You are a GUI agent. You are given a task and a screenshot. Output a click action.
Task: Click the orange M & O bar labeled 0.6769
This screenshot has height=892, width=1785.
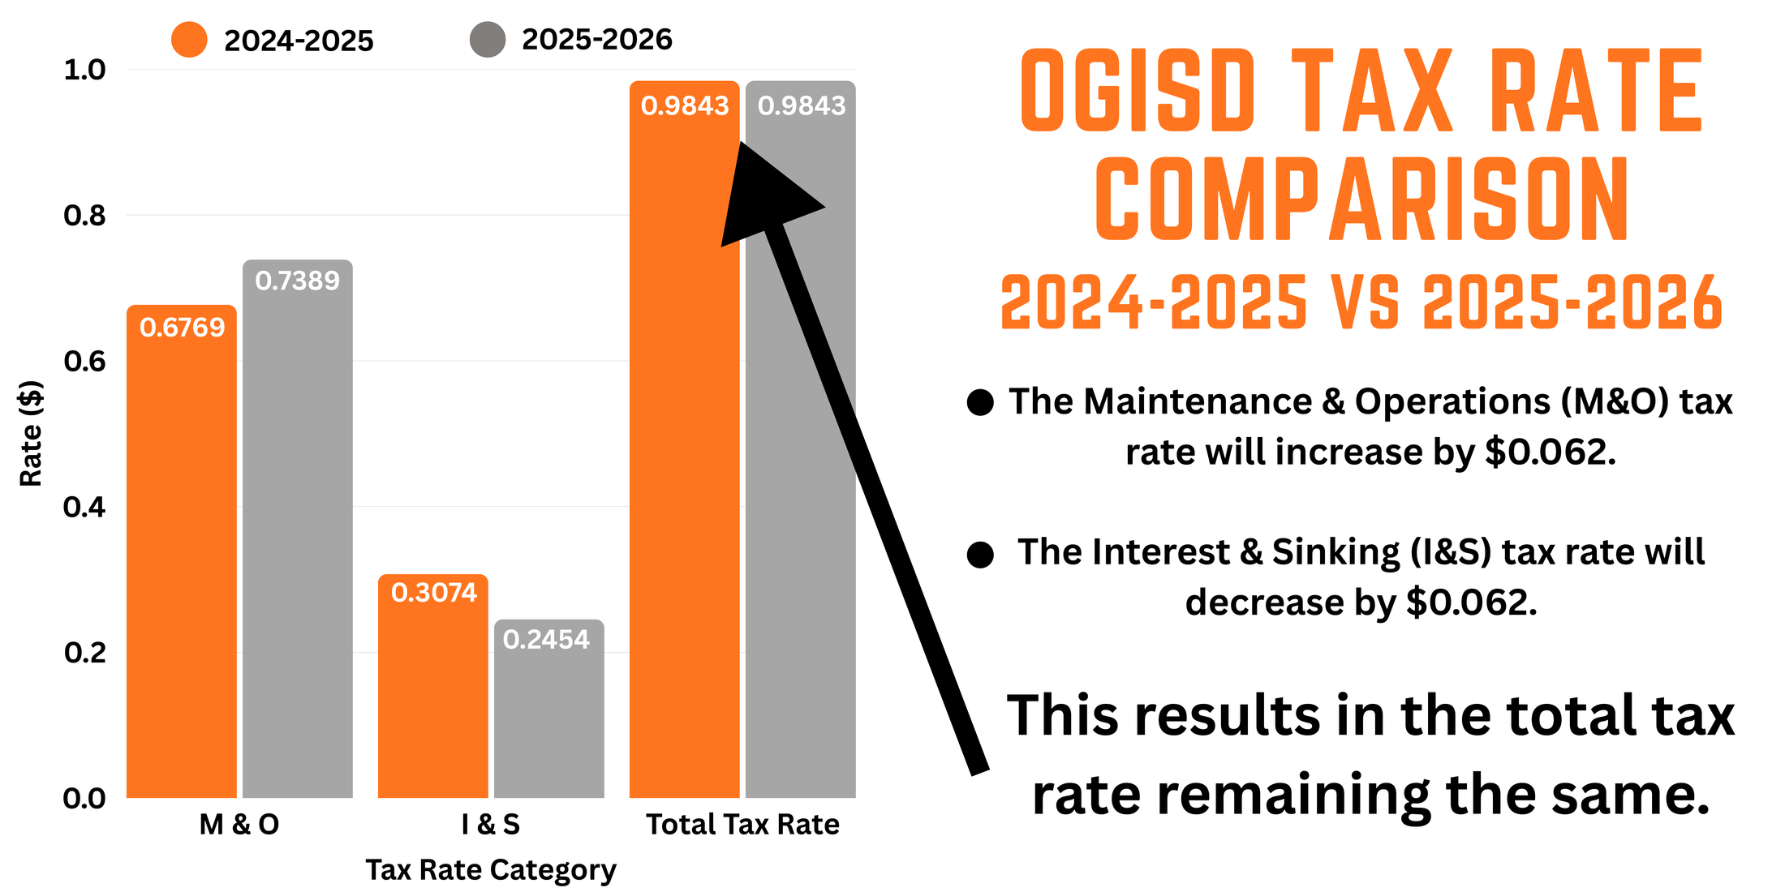(181, 551)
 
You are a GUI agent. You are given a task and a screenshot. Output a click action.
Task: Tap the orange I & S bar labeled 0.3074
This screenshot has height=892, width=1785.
(432, 686)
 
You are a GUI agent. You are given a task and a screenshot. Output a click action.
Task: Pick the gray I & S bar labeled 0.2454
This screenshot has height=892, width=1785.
(548, 709)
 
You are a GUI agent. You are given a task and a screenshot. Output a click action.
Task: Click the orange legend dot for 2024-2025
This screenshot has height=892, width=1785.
(189, 40)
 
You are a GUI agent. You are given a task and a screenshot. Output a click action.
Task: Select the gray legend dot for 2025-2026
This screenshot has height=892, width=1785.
(488, 40)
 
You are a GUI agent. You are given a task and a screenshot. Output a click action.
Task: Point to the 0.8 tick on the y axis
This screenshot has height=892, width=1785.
(84, 216)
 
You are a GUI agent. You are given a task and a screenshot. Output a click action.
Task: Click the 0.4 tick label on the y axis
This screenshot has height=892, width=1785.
(84, 508)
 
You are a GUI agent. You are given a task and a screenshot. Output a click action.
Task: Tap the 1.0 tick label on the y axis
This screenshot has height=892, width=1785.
(84, 71)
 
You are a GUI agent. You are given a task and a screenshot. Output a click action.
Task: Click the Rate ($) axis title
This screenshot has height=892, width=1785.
(31, 433)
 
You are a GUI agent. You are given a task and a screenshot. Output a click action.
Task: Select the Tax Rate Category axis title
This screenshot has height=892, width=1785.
(490, 869)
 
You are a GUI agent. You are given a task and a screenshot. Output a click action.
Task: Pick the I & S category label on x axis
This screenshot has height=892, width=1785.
(490, 825)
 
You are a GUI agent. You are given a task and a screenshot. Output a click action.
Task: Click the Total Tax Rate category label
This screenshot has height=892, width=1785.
(742, 825)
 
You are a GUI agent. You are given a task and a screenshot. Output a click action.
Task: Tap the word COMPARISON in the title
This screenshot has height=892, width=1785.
(1361, 199)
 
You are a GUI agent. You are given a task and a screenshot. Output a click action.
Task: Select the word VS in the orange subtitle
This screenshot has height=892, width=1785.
(1365, 302)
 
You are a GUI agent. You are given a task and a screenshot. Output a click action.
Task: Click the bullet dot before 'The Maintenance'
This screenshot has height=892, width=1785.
(980, 402)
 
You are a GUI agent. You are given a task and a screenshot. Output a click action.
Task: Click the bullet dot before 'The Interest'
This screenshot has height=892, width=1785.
(980, 555)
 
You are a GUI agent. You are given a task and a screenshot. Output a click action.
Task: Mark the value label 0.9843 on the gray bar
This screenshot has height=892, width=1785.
(801, 105)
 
